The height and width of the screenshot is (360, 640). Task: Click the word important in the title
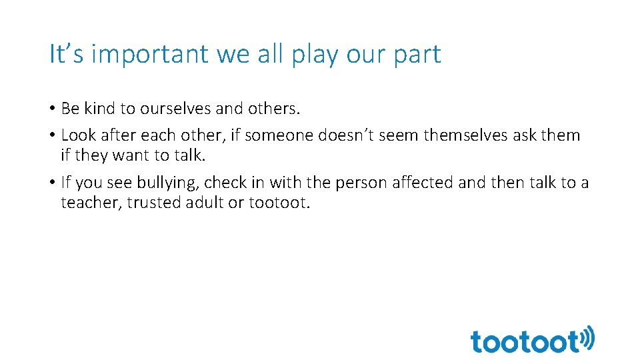[x=150, y=55]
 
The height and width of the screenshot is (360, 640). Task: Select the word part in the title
[x=416, y=55]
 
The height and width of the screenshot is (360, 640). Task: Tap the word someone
[x=281, y=135]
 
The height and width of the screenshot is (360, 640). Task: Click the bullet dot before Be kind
[x=53, y=109]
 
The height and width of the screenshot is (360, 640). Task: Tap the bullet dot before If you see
[x=53, y=183]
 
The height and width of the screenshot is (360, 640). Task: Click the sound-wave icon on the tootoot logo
[x=587, y=339]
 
